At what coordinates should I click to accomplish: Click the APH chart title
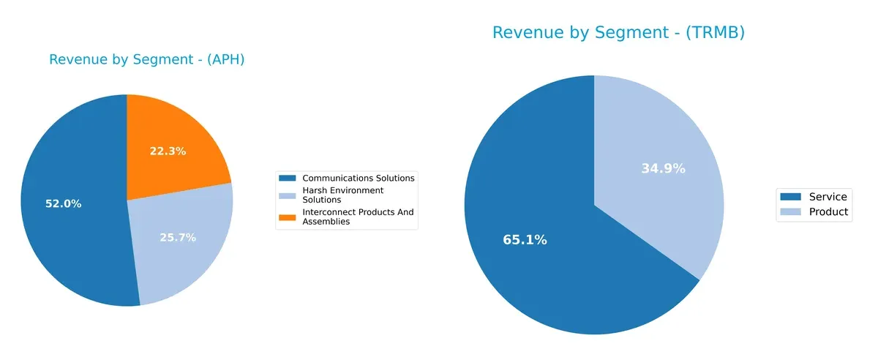click(x=146, y=60)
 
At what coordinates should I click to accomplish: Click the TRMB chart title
click(x=618, y=33)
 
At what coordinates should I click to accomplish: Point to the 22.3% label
click(x=168, y=151)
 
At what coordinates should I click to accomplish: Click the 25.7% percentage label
click(x=178, y=238)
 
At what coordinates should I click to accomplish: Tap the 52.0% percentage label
click(x=63, y=204)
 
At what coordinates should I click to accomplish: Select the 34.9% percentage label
click(x=663, y=169)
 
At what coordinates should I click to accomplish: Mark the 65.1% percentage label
click(x=525, y=240)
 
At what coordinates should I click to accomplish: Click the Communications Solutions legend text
click(x=359, y=178)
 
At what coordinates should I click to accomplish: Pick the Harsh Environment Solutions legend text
click(x=342, y=195)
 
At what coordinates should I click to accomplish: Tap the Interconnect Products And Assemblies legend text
click(x=358, y=217)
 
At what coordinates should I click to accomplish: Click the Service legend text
click(x=828, y=197)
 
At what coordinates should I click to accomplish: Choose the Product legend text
click(x=828, y=212)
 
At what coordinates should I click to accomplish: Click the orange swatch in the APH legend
click(x=288, y=217)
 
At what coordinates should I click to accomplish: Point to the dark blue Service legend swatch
click(x=791, y=197)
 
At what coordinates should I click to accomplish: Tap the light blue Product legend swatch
click(x=791, y=212)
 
